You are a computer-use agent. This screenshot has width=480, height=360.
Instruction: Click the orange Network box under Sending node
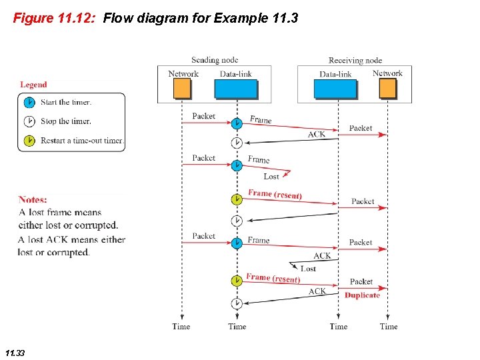click(x=181, y=89)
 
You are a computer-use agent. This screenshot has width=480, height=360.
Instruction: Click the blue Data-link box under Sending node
click(x=235, y=89)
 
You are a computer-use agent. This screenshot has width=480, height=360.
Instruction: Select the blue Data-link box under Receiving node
click(x=335, y=89)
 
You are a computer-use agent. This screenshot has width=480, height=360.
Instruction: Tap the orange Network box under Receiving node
click(x=387, y=88)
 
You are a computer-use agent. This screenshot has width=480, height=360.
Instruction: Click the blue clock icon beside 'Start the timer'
click(x=29, y=103)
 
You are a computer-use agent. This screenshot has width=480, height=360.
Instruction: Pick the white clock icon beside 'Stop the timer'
click(x=29, y=121)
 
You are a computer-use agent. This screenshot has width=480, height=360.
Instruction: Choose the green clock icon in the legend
click(x=29, y=141)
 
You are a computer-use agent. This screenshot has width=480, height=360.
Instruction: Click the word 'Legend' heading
click(x=33, y=85)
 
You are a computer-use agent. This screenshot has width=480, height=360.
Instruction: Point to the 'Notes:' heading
click(x=33, y=199)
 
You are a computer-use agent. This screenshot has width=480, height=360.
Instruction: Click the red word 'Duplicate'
click(x=362, y=295)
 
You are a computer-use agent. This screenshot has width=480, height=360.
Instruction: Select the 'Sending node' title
click(x=215, y=61)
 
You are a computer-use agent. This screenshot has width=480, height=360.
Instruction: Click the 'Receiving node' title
click(x=355, y=61)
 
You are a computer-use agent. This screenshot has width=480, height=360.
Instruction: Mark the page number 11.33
click(x=15, y=353)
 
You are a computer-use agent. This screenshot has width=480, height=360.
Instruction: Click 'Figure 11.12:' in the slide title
click(x=55, y=18)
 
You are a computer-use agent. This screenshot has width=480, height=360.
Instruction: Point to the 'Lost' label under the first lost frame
click(x=271, y=177)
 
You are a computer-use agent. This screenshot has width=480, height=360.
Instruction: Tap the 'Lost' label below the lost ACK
click(x=308, y=269)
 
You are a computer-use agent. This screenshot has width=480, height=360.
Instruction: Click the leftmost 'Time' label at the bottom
click(x=181, y=327)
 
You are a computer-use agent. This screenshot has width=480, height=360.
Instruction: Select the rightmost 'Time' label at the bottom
click(x=389, y=327)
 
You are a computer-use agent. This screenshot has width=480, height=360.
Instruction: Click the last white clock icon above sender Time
click(x=237, y=303)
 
